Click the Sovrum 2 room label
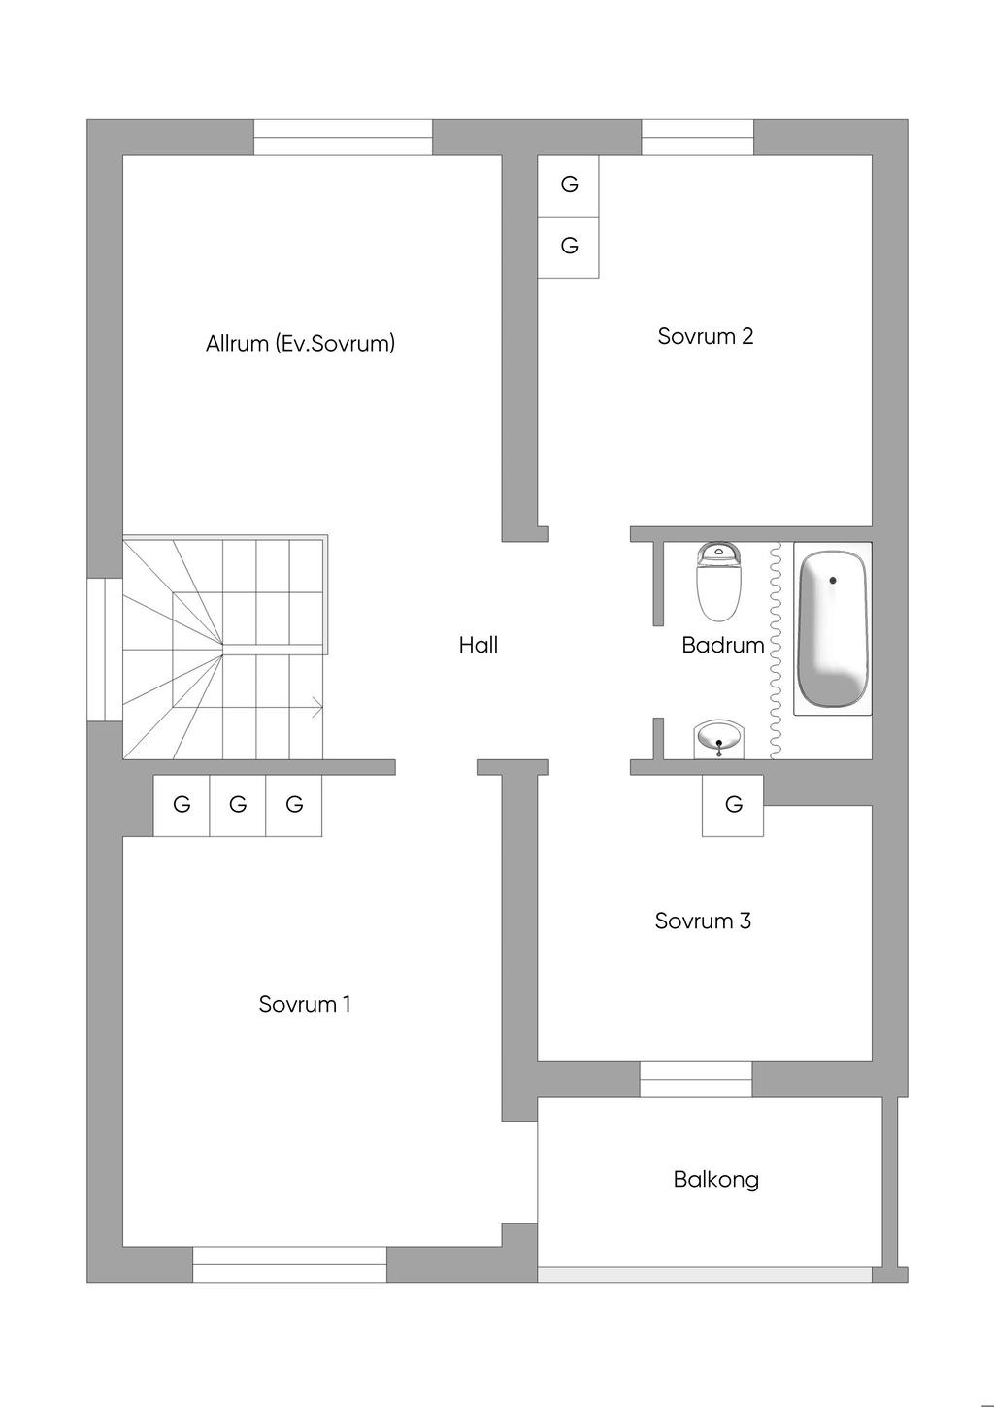705,336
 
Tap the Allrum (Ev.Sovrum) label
300,343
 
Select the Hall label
479,645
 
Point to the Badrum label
722,645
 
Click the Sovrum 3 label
703,921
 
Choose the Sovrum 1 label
305,1004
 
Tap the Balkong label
716,1179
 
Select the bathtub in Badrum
832,629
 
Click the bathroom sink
719,740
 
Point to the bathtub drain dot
832,581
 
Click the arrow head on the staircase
318,708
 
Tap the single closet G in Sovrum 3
733,804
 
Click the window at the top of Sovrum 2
697,138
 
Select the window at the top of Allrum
343,138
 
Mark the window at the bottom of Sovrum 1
289,1263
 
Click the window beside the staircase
105,650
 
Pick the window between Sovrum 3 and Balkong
696,1080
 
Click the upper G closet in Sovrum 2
569,184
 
